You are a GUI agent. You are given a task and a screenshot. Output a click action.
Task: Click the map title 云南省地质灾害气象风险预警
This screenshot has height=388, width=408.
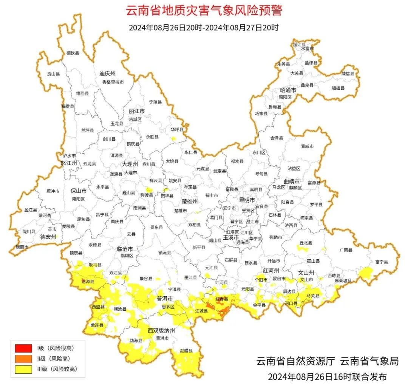point(204,10)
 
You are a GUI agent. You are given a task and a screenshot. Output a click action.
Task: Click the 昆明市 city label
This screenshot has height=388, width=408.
point(247,200)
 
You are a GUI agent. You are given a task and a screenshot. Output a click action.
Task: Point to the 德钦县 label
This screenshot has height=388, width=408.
point(73,53)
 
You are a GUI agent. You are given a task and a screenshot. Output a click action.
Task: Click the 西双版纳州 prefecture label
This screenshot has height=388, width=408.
point(161,331)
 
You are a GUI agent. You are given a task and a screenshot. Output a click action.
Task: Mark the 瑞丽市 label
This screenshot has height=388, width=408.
point(22,247)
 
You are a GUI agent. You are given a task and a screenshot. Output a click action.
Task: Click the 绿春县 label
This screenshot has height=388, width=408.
point(222,299)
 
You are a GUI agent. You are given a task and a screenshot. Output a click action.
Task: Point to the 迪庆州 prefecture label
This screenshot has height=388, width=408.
point(107,73)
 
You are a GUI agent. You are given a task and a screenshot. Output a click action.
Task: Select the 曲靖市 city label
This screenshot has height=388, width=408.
point(292,181)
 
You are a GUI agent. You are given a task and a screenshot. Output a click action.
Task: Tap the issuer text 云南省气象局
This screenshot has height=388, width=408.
point(369,361)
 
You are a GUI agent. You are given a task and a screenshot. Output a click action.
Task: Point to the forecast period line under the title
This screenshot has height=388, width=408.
point(204,28)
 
